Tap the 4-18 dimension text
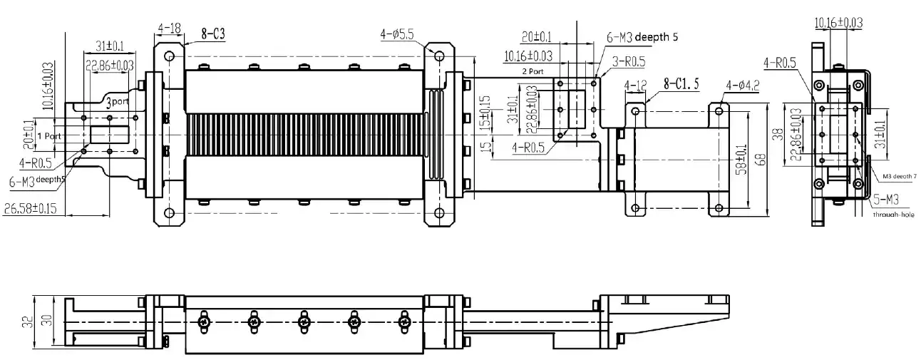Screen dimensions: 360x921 click(x=170, y=29)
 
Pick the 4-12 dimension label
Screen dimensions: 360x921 click(x=635, y=86)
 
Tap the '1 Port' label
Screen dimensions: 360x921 click(x=49, y=135)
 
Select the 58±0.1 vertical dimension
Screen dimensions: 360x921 click(x=744, y=160)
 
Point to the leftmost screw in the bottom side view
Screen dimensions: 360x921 click(x=205, y=323)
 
